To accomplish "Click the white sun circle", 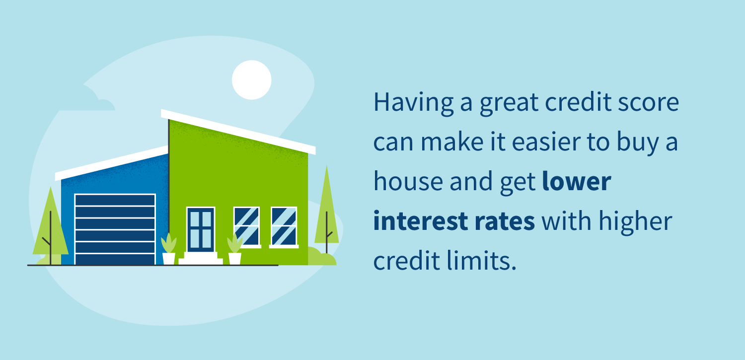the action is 251,80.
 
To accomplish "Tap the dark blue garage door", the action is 115,229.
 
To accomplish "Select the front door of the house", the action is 201,229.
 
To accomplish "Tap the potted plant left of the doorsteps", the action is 169,249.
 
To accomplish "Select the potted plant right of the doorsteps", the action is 235,249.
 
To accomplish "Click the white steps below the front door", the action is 201,258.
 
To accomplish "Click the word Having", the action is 414,103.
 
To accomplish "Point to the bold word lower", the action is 577,182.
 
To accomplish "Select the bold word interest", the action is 421,221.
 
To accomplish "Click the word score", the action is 649,103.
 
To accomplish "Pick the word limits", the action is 482,261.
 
